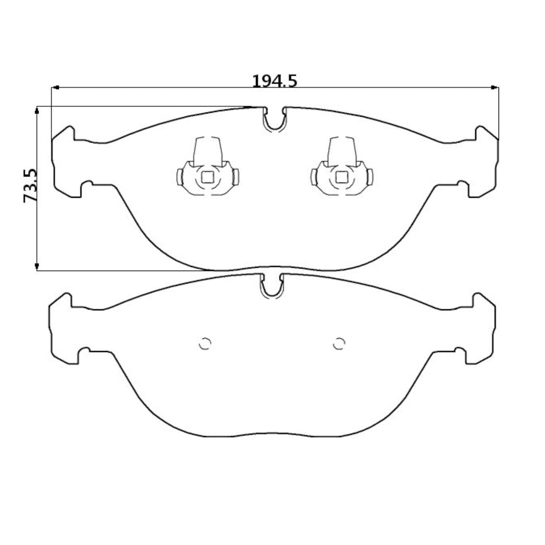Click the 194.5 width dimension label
[x=274, y=81]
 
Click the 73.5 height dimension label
[x=30, y=186]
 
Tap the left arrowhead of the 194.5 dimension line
[x=55, y=88]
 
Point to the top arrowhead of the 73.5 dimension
[x=37, y=110]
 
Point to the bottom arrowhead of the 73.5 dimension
[x=37, y=267]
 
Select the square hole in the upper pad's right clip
[x=342, y=177]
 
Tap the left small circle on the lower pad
[x=205, y=343]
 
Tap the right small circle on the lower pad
[x=339, y=343]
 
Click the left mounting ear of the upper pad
[x=66, y=162]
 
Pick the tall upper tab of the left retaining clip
[x=207, y=151]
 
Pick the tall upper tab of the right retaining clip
[x=342, y=151]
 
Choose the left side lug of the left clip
[x=180, y=177]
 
